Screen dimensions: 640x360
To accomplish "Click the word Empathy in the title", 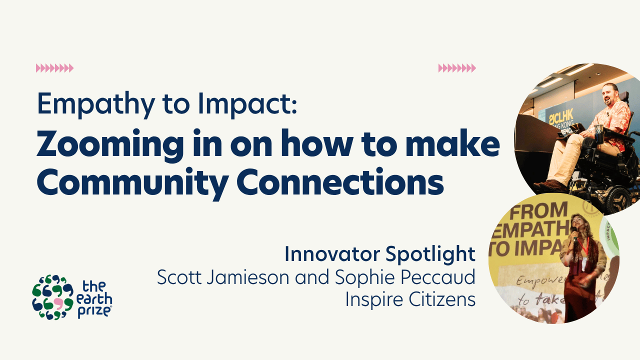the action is (96, 104).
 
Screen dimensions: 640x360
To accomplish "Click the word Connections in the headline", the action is (340, 181).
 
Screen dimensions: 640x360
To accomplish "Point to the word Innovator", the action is (332, 253).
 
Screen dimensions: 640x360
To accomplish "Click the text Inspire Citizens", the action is (410, 299).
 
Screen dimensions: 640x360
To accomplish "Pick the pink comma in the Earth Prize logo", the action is (58, 304).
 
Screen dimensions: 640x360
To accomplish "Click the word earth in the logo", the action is (95, 299).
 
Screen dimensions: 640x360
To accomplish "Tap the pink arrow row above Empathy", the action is (54, 68).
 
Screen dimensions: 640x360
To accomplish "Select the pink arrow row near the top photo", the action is (457, 68).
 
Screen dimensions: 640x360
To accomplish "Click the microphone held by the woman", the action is (574, 233).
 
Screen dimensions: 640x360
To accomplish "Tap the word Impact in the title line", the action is (247, 104).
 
